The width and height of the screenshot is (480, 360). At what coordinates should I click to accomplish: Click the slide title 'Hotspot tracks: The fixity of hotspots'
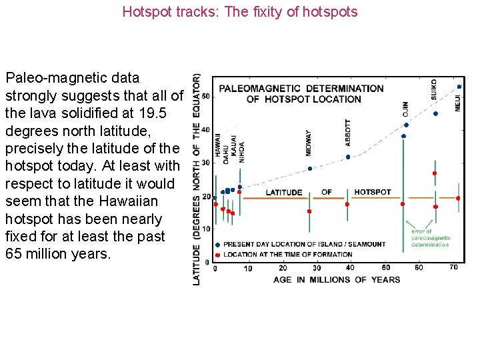pos(240,12)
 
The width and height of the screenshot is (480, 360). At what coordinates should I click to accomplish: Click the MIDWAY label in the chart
pos(309,143)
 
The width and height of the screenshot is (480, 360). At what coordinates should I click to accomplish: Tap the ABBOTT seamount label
pos(348,132)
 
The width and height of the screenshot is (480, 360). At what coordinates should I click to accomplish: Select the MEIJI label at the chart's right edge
pos(458,99)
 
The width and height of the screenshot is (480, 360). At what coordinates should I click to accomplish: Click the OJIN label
pos(405,110)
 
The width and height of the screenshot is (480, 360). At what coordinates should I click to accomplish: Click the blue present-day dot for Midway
pos(310,169)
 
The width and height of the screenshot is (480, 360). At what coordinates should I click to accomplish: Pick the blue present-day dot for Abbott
pos(348,157)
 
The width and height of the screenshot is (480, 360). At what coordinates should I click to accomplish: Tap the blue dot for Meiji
pos(459,87)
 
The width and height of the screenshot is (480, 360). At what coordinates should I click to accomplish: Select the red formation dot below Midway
pos(309,211)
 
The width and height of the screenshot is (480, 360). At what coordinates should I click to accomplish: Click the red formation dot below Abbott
pos(347,204)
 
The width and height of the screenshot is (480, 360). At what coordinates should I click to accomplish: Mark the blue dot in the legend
pos(217,245)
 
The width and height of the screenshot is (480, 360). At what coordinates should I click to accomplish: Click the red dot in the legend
pos(217,254)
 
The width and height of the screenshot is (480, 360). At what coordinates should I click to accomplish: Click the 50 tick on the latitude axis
pos(205,97)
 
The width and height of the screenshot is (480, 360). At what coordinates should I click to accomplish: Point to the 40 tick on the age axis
pos(350,268)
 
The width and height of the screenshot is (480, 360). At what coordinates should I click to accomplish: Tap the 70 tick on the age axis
pos(453,267)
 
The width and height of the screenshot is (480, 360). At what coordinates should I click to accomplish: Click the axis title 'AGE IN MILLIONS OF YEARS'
pos(337,279)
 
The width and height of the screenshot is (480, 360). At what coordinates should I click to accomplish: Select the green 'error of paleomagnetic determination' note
pos(431,238)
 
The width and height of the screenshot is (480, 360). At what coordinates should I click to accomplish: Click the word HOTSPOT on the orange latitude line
pos(373,192)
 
